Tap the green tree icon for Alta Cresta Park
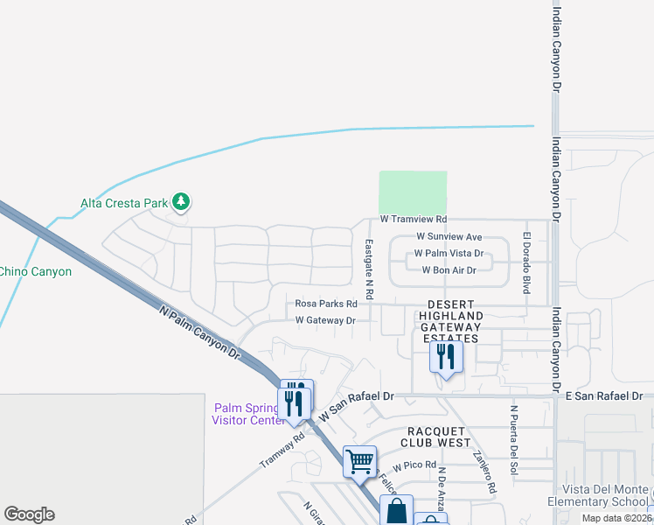pyautogui.click(x=181, y=202)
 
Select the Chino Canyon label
pyautogui.click(x=35, y=271)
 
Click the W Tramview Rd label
pyautogui.click(x=413, y=219)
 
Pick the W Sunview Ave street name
pyautogui.click(x=449, y=236)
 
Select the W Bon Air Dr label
pyautogui.click(x=449, y=270)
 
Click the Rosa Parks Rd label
pyautogui.click(x=326, y=304)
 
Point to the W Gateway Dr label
pyautogui.click(x=325, y=320)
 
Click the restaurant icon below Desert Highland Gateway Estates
pyautogui.click(x=446, y=356)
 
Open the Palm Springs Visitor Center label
pyautogui.click(x=247, y=414)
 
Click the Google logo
pyautogui.click(x=29, y=514)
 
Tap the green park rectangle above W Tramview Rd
pyautogui.click(x=413, y=192)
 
